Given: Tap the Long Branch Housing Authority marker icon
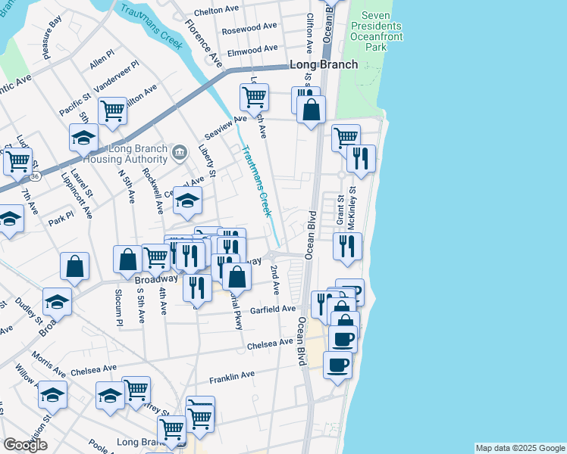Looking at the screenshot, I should coord(179,152).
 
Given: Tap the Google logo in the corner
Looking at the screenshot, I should coord(25,445).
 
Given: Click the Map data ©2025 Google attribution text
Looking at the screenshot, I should coord(519,448).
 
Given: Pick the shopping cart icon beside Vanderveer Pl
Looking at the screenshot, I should coord(112,110).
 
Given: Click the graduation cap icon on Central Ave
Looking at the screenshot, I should coord(188,200).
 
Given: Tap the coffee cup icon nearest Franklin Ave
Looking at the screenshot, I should coord(337,365).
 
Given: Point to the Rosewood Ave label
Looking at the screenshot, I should coord(249,30).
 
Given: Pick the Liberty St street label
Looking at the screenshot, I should coord(208,162).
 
